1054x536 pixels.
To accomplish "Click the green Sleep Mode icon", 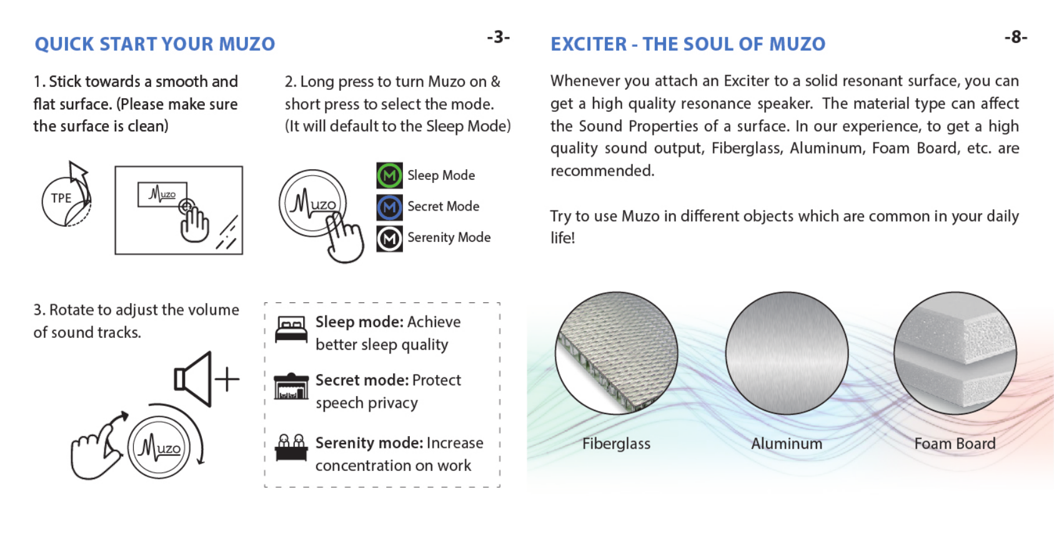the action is point(389,176).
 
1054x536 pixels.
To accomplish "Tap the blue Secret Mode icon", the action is point(389,207).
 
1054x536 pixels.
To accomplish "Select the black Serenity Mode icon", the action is point(389,238).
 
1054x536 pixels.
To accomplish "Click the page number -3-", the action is point(498,37).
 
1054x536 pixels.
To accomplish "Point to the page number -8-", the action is point(1015,37).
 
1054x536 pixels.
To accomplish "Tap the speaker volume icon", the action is point(193,379).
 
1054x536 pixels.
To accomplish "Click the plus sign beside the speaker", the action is point(227,379).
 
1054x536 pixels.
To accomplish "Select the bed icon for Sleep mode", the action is point(291,329).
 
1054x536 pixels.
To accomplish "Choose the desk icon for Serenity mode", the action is point(291,447).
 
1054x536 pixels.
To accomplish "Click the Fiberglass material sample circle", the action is point(617,353).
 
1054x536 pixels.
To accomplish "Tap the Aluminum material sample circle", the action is point(787,353).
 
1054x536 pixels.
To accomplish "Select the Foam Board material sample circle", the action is point(955,353).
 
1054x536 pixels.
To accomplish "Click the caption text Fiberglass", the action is point(616,444).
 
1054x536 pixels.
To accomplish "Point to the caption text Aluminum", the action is point(787,444).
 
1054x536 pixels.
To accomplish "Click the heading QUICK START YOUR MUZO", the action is point(155,44).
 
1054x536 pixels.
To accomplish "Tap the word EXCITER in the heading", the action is point(589,44).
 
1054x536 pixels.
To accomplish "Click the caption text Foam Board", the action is point(955,444).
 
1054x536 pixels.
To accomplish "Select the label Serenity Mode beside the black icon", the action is point(449,237).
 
